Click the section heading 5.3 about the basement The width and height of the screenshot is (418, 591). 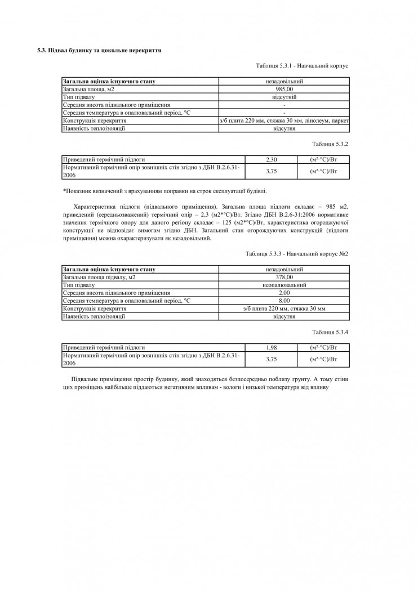point(100,50)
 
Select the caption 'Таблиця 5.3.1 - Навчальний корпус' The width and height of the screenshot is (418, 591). point(301,66)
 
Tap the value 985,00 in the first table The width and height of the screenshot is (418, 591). point(284,89)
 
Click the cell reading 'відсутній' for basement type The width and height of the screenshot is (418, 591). point(284,97)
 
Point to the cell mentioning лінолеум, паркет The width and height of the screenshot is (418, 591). point(284,120)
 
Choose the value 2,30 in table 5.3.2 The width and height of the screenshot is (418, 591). point(272,159)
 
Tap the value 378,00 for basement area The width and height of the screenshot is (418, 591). point(284,277)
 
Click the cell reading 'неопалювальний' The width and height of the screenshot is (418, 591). point(284,285)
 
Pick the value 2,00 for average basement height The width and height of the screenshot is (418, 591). point(284,293)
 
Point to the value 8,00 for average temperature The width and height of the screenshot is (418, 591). point(284,301)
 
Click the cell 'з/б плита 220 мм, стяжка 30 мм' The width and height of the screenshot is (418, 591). point(284,308)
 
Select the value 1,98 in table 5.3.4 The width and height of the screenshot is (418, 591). point(272,347)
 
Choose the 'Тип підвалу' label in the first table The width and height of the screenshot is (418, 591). point(78,97)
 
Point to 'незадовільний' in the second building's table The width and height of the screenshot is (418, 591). point(284,269)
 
